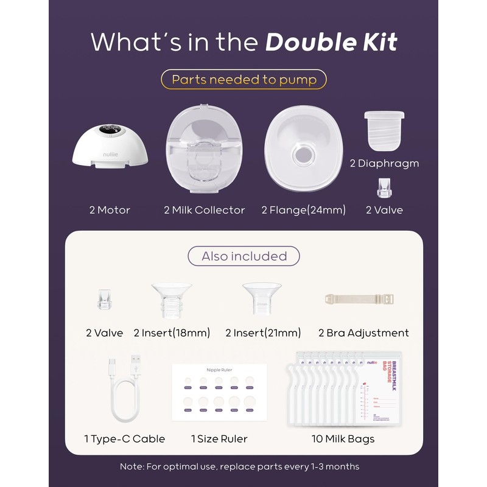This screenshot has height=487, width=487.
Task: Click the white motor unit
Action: tap(110, 146)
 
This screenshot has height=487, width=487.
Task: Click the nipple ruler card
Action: tap(220, 393)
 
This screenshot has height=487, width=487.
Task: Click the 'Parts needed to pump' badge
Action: tap(243, 80)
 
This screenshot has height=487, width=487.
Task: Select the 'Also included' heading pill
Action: tap(243, 256)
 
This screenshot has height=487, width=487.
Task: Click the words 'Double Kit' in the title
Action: tap(331, 42)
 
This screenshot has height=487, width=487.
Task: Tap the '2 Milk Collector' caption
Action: tap(204, 210)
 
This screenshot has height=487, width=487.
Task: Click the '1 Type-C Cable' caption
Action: tap(124, 439)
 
